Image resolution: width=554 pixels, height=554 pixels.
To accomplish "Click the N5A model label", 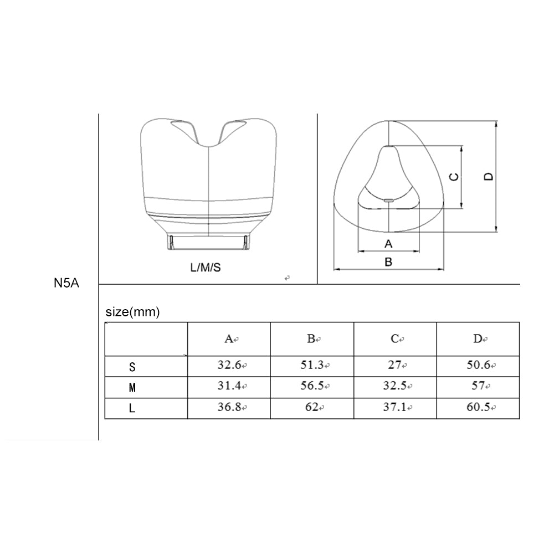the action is click(x=66, y=283).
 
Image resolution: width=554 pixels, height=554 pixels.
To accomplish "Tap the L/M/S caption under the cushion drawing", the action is click(x=206, y=268).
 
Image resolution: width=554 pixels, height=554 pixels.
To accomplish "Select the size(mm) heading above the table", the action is click(x=132, y=311).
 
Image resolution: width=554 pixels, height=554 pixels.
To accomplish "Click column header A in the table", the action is click(x=229, y=339).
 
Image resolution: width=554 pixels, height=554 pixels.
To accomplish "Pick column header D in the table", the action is click(x=478, y=339).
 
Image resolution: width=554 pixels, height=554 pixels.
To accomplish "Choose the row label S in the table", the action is click(x=132, y=367).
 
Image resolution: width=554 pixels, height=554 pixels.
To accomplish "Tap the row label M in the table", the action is click(x=132, y=388).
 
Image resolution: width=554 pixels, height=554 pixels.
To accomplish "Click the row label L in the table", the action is click(x=132, y=408).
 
